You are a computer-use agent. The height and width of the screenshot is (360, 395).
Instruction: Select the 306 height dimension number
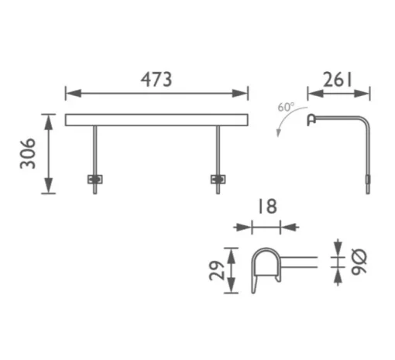pos(27,153)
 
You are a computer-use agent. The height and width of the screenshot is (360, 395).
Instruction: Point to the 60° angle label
pos(287,107)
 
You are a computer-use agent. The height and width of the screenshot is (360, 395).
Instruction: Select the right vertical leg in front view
pos(218,151)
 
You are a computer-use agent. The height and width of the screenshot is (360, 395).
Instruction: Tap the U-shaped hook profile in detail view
pos(266,263)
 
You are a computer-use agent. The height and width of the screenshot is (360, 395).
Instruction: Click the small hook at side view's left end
pos(311,119)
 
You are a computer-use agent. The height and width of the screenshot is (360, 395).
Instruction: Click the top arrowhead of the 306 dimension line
pos(49,118)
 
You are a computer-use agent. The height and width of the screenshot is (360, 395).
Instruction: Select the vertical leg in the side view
pos(369,159)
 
